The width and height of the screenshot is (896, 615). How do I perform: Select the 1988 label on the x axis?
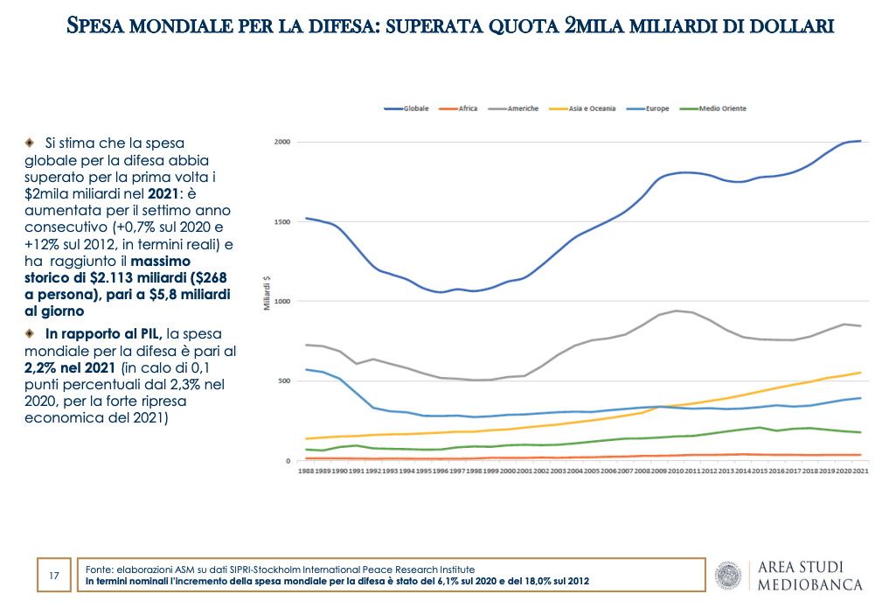pyautogui.click(x=305, y=471)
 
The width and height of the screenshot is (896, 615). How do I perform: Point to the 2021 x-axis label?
pyautogui.click(x=860, y=471)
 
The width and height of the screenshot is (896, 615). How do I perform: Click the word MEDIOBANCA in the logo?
pyautogui.click(x=809, y=584)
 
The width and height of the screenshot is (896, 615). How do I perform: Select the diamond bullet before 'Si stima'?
pyautogui.click(x=30, y=142)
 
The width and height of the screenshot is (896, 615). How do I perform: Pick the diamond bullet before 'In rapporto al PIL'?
pyautogui.click(x=30, y=333)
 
